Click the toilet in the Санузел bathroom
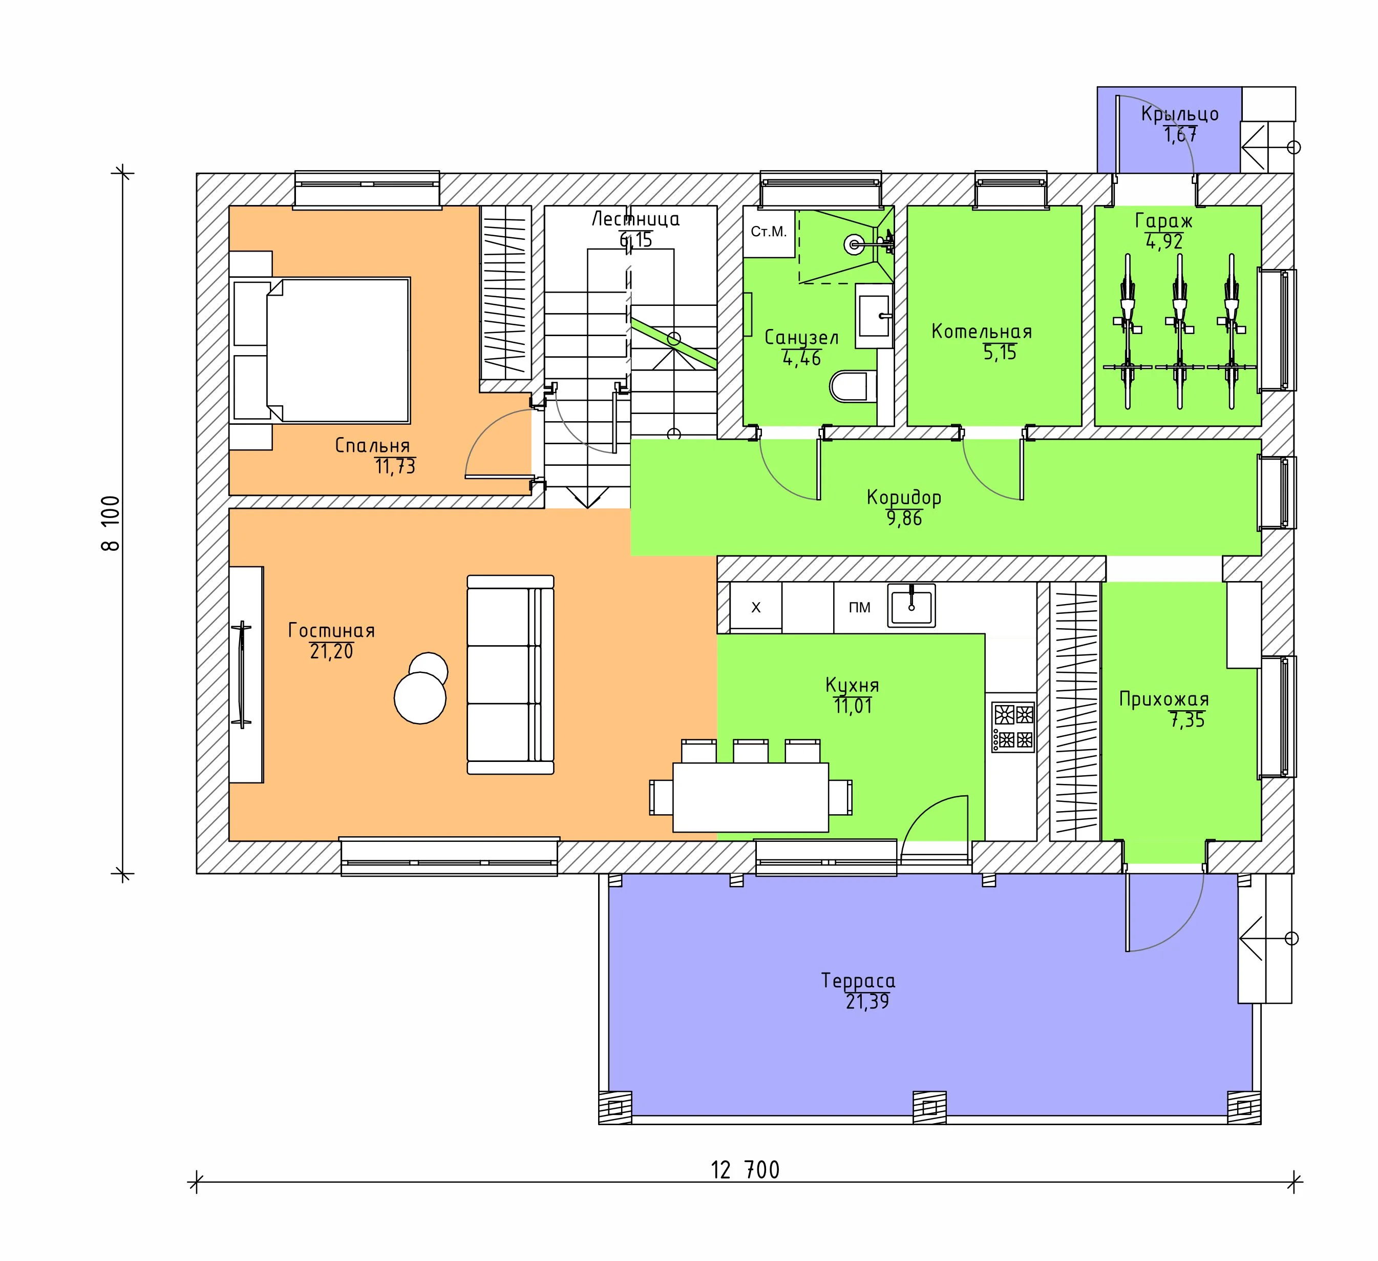(853, 387)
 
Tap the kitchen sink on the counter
(911, 605)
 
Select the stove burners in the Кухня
(1013, 728)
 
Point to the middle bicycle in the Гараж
(1178, 331)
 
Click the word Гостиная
(331, 630)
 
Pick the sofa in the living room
(510, 674)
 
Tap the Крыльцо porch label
(1180, 114)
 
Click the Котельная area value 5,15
(1000, 353)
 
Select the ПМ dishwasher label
(859, 607)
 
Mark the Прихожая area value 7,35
(1188, 720)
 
